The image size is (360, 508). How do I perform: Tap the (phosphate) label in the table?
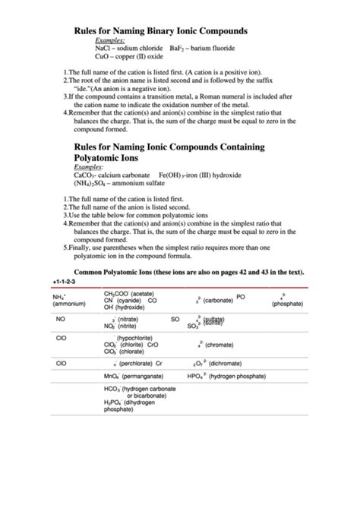[x=286, y=304]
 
